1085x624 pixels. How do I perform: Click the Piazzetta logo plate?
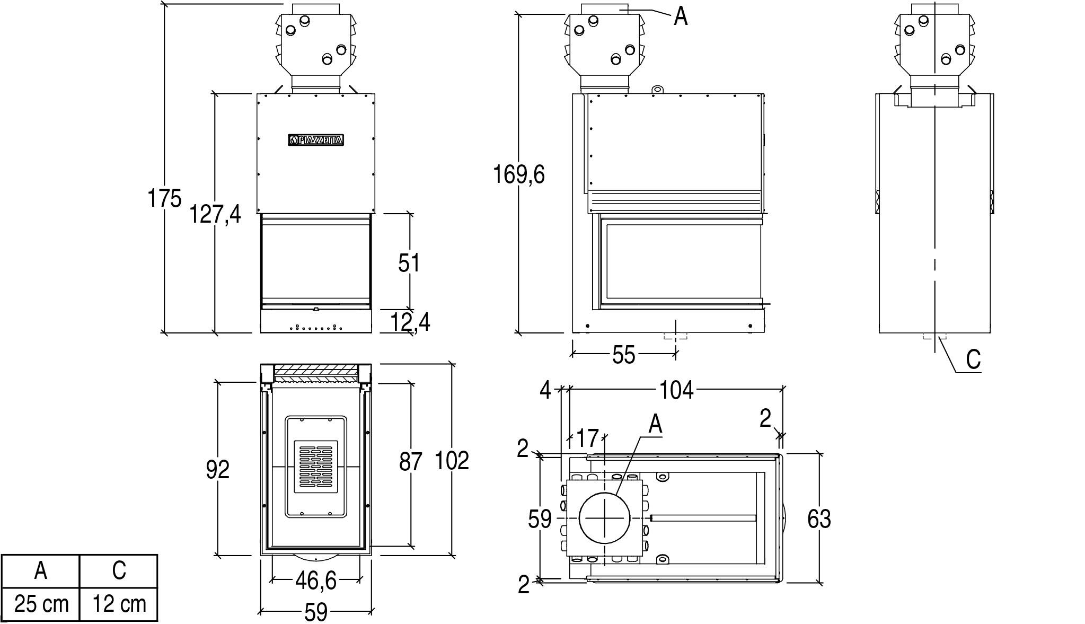click(x=316, y=140)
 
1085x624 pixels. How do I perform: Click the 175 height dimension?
click(x=164, y=198)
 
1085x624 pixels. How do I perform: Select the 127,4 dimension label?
click(x=215, y=214)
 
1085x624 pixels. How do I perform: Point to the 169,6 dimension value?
click(x=519, y=174)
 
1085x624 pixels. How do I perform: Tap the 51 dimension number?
click(x=409, y=263)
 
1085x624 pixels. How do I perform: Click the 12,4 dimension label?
click(x=410, y=322)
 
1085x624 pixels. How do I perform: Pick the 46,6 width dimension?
click(x=316, y=581)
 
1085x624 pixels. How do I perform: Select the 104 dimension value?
click(x=676, y=391)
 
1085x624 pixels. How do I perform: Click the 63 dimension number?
click(x=819, y=519)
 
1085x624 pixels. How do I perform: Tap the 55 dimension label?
click(x=623, y=355)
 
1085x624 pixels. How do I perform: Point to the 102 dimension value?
click(x=452, y=461)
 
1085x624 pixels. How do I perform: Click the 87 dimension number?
click(x=411, y=462)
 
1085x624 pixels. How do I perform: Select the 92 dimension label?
click(x=218, y=469)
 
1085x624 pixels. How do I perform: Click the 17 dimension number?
click(x=587, y=438)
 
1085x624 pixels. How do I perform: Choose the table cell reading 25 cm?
click(x=41, y=604)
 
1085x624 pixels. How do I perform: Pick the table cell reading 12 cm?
click(x=119, y=604)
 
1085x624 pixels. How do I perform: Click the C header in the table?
click(x=119, y=570)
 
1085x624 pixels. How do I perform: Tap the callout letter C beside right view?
click(x=973, y=360)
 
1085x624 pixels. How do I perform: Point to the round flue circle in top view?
click(x=605, y=517)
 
